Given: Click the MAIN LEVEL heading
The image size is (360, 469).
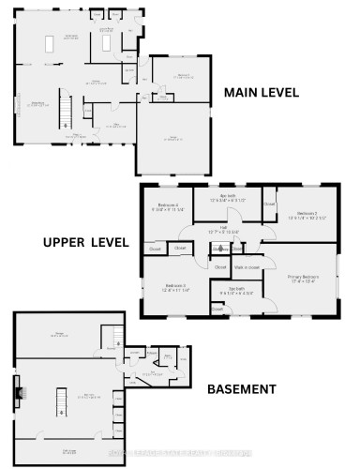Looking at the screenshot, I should point(261,93).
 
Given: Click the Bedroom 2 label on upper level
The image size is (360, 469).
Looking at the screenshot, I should point(307,214).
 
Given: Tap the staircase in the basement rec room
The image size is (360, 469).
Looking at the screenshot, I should point(62,401).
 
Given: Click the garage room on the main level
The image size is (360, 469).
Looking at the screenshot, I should point(174,139).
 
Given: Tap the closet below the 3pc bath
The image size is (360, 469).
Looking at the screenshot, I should point(218,307).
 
